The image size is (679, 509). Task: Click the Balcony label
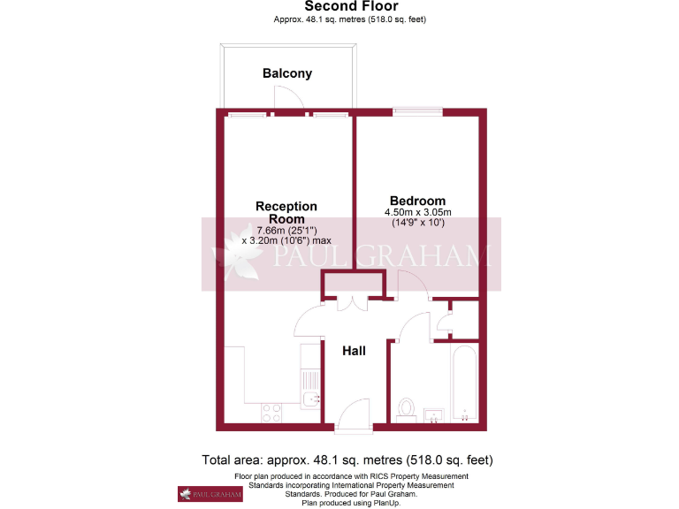tap(287, 73)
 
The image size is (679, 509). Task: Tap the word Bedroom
tap(417, 201)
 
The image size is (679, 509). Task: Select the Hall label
tap(354, 351)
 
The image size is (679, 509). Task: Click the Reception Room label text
tap(286, 212)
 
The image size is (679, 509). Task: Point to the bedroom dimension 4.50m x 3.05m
tap(417, 212)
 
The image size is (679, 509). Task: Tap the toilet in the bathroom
tap(407, 408)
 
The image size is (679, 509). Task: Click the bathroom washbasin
tap(433, 414)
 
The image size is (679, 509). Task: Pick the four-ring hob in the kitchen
tap(271, 412)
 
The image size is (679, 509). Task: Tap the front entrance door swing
tap(354, 414)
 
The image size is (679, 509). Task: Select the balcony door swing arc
tap(290, 101)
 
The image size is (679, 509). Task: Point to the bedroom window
tap(418, 112)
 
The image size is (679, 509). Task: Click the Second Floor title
tap(339, 6)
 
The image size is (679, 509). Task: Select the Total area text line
tap(347, 460)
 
